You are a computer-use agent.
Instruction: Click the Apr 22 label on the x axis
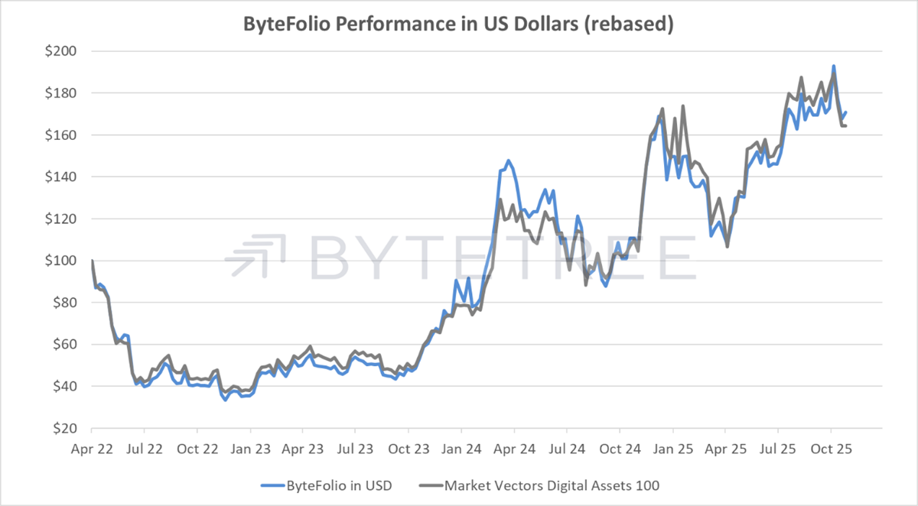[92, 448]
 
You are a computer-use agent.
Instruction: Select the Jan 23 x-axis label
[250, 448]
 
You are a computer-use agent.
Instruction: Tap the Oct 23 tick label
[408, 448]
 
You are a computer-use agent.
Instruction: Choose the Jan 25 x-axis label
[672, 448]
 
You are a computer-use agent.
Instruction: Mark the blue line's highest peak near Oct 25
[833, 66]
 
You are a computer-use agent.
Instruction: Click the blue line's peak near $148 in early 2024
[509, 161]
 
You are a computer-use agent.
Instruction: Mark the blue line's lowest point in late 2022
[226, 400]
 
